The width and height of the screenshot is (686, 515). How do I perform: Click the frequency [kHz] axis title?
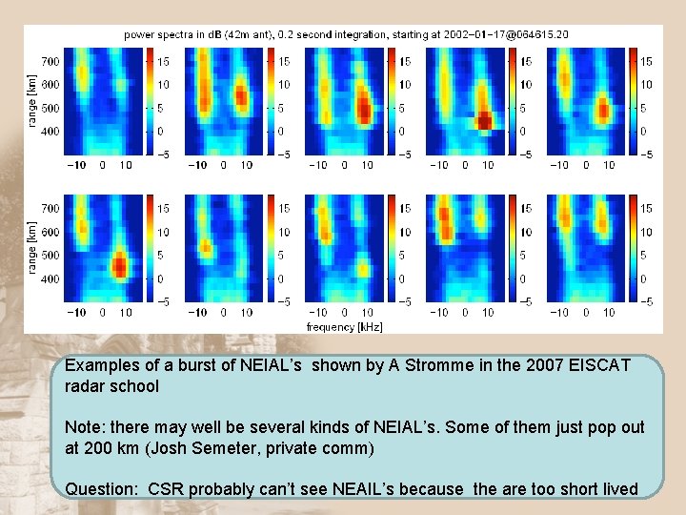pos(344,326)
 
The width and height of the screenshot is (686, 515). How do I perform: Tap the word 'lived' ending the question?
pos(616,489)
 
